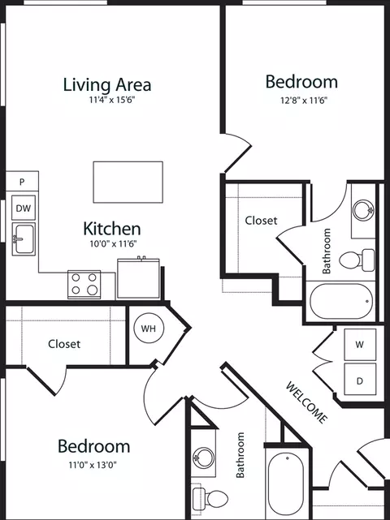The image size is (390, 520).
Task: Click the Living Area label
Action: click(107, 84)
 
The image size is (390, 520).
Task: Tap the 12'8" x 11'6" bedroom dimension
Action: click(304, 100)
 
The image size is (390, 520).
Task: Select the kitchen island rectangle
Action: click(128, 182)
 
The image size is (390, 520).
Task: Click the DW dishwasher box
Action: click(24, 208)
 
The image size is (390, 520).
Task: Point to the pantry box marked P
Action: click(22, 181)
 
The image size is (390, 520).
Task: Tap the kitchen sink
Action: click(24, 239)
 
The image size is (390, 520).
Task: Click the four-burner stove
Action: click(84, 284)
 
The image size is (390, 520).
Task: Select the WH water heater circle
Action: click(149, 329)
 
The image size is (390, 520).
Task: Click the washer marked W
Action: click(360, 345)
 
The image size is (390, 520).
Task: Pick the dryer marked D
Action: click(360, 379)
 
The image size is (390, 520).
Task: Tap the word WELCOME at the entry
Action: click(306, 402)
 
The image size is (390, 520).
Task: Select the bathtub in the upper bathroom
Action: click(341, 301)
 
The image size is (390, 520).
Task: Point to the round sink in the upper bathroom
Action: click(363, 210)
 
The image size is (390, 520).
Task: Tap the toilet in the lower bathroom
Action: click(210, 497)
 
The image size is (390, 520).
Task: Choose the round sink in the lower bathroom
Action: click(204, 458)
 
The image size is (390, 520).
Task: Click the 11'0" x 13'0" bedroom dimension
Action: click(93, 465)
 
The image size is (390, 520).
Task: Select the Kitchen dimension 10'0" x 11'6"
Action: click(113, 244)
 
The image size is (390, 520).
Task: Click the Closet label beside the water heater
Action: click(64, 344)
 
